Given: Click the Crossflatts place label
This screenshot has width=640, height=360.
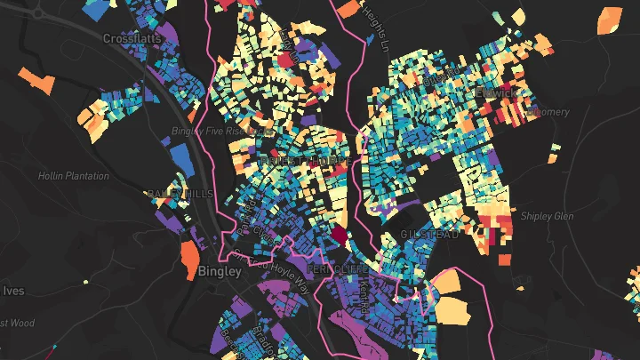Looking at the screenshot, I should click(131, 39).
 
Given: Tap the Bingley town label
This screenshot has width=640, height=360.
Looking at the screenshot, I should click(220, 271).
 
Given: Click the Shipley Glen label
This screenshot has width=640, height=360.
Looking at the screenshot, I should click(548, 215).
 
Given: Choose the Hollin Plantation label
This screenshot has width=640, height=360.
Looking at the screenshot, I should click(73, 176).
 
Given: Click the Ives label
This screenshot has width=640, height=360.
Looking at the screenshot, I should click(12, 291).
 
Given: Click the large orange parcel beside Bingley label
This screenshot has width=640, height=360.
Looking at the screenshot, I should click(190, 260).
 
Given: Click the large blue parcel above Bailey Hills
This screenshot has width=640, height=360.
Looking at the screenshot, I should click(180, 157).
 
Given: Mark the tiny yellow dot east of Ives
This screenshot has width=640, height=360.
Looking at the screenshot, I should click(86, 282).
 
